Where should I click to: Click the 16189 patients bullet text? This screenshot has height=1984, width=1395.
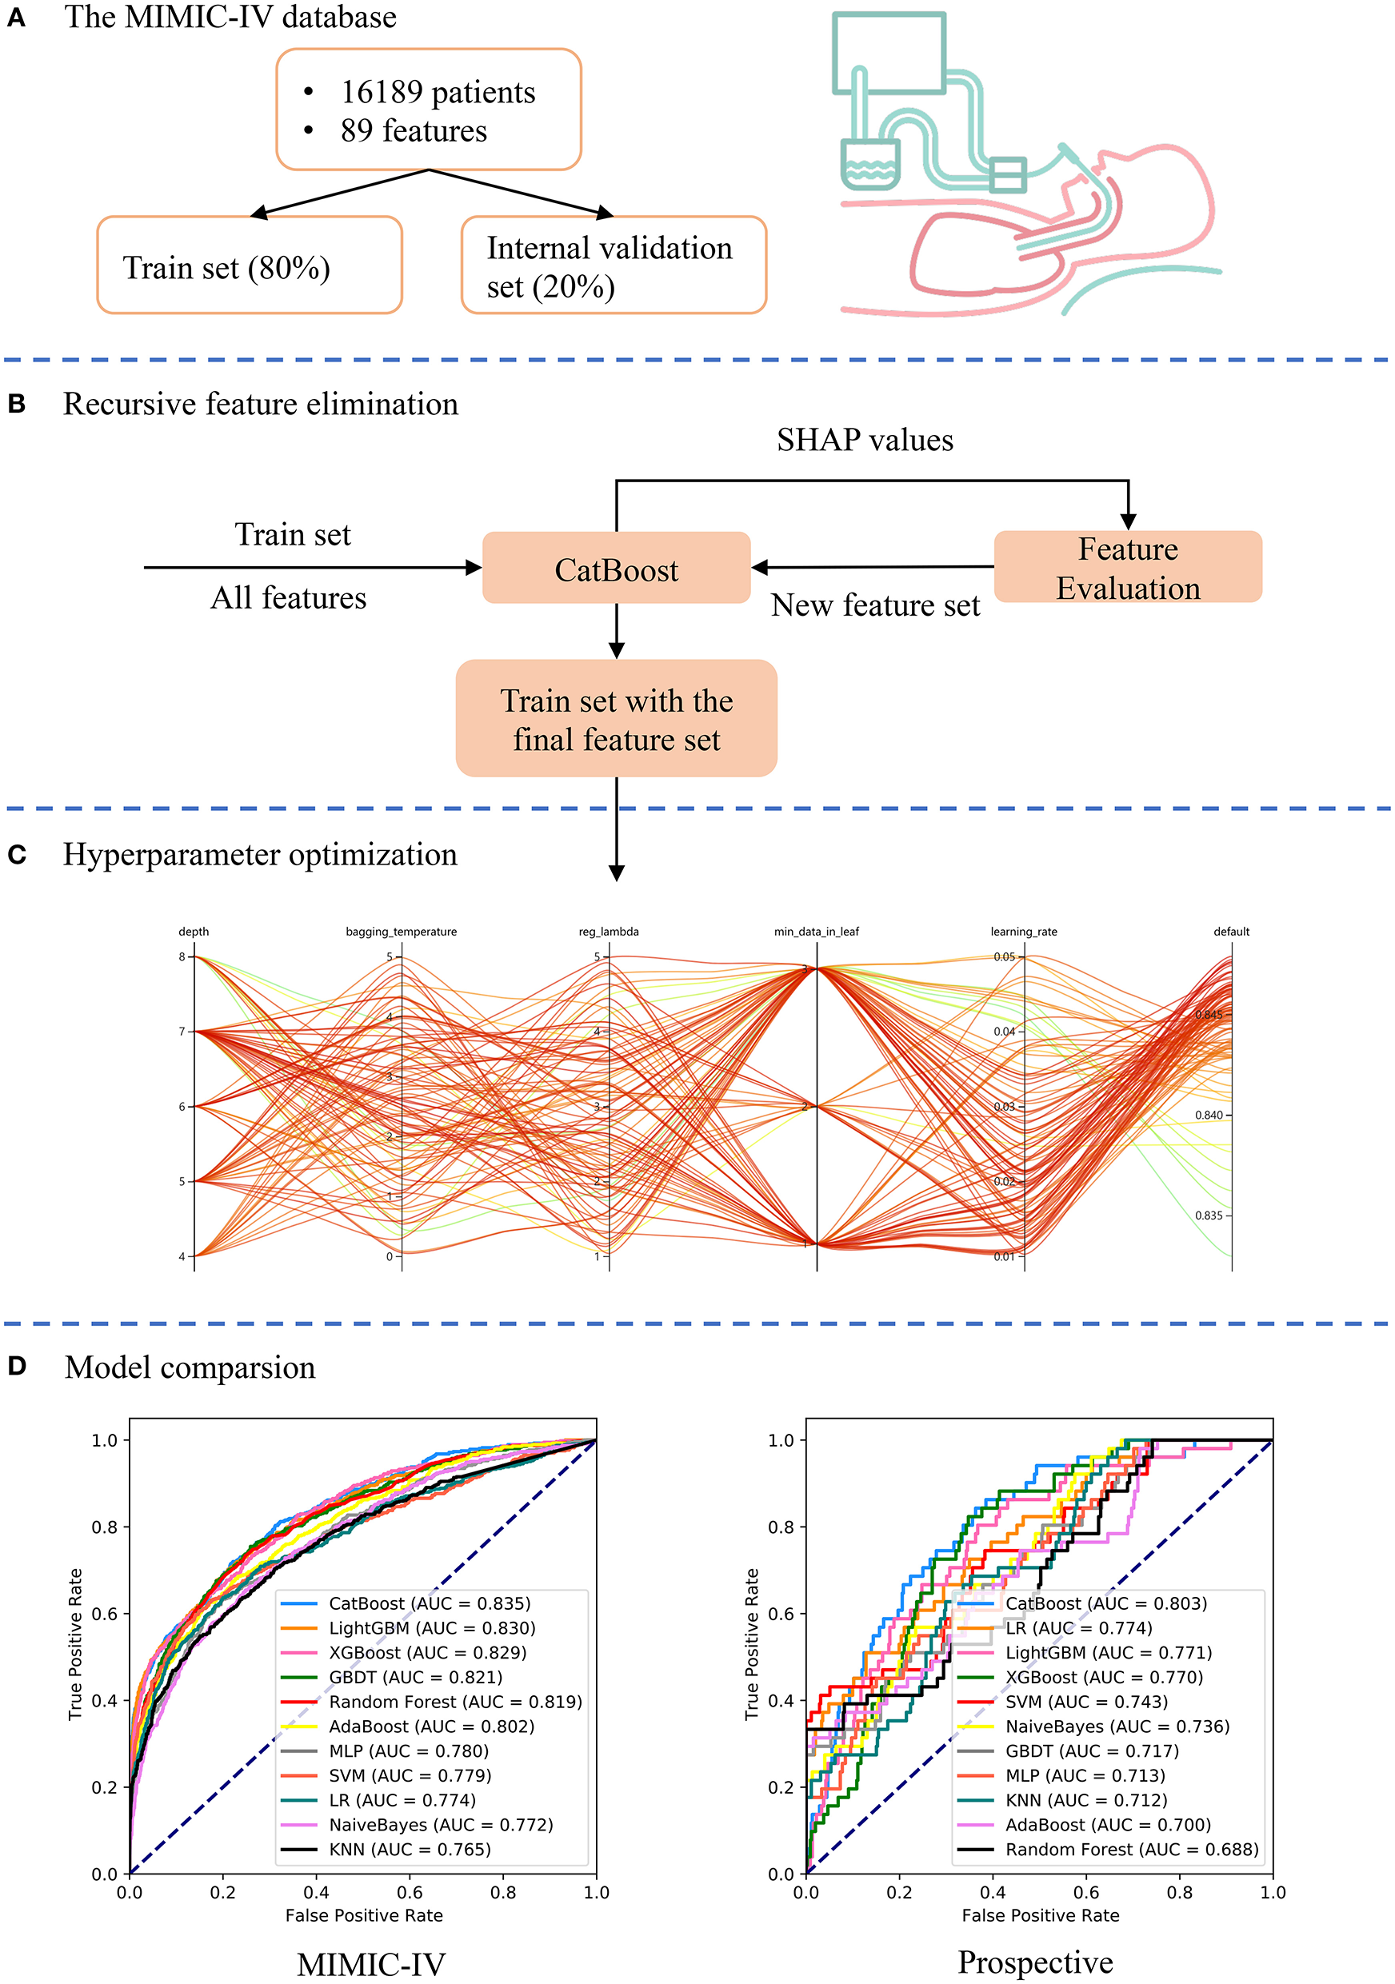click(438, 93)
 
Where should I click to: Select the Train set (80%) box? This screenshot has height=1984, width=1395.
click(249, 265)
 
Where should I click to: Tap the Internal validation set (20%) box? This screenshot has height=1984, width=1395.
click(614, 265)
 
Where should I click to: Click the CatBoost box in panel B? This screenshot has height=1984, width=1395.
click(616, 569)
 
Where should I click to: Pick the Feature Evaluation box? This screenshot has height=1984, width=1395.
click(1128, 568)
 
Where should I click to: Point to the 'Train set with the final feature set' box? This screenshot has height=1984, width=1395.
click(616, 719)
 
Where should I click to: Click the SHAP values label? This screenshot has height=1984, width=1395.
click(865, 441)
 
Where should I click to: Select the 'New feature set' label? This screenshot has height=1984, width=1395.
click(876, 605)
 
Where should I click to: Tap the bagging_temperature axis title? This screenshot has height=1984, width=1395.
click(401, 932)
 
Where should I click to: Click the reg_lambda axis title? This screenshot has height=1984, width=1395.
click(609, 932)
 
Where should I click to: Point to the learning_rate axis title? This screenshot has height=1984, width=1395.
click(1023, 932)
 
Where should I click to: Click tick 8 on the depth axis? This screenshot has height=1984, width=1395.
click(182, 956)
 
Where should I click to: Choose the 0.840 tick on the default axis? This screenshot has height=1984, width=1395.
click(1209, 1116)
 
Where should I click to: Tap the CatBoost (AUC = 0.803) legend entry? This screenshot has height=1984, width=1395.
click(1105, 1604)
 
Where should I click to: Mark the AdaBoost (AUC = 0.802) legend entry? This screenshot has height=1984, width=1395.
click(431, 1727)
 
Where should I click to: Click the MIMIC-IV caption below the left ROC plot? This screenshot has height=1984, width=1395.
click(372, 1965)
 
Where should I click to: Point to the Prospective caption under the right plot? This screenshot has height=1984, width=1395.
click(1034, 1962)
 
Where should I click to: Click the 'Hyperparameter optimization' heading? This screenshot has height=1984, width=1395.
click(260, 855)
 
